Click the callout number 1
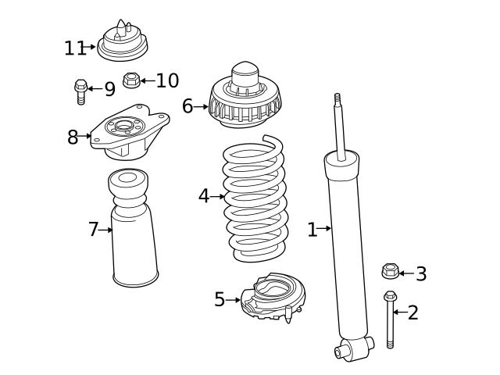(x=312, y=230)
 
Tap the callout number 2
(x=413, y=313)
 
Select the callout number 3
(x=421, y=273)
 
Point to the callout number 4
(x=204, y=196)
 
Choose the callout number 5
(x=220, y=299)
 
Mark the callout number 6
(x=187, y=106)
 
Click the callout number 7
(x=94, y=230)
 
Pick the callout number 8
(x=73, y=137)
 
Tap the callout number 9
(x=109, y=89)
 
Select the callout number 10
(x=167, y=80)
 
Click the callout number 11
(x=74, y=48)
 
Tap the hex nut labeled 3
(x=390, y=272)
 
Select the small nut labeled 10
(x=131, y=80)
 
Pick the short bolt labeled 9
(x=80, y=91)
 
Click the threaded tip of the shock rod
(x=338, y=100)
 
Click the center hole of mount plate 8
(x=124, y=127)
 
